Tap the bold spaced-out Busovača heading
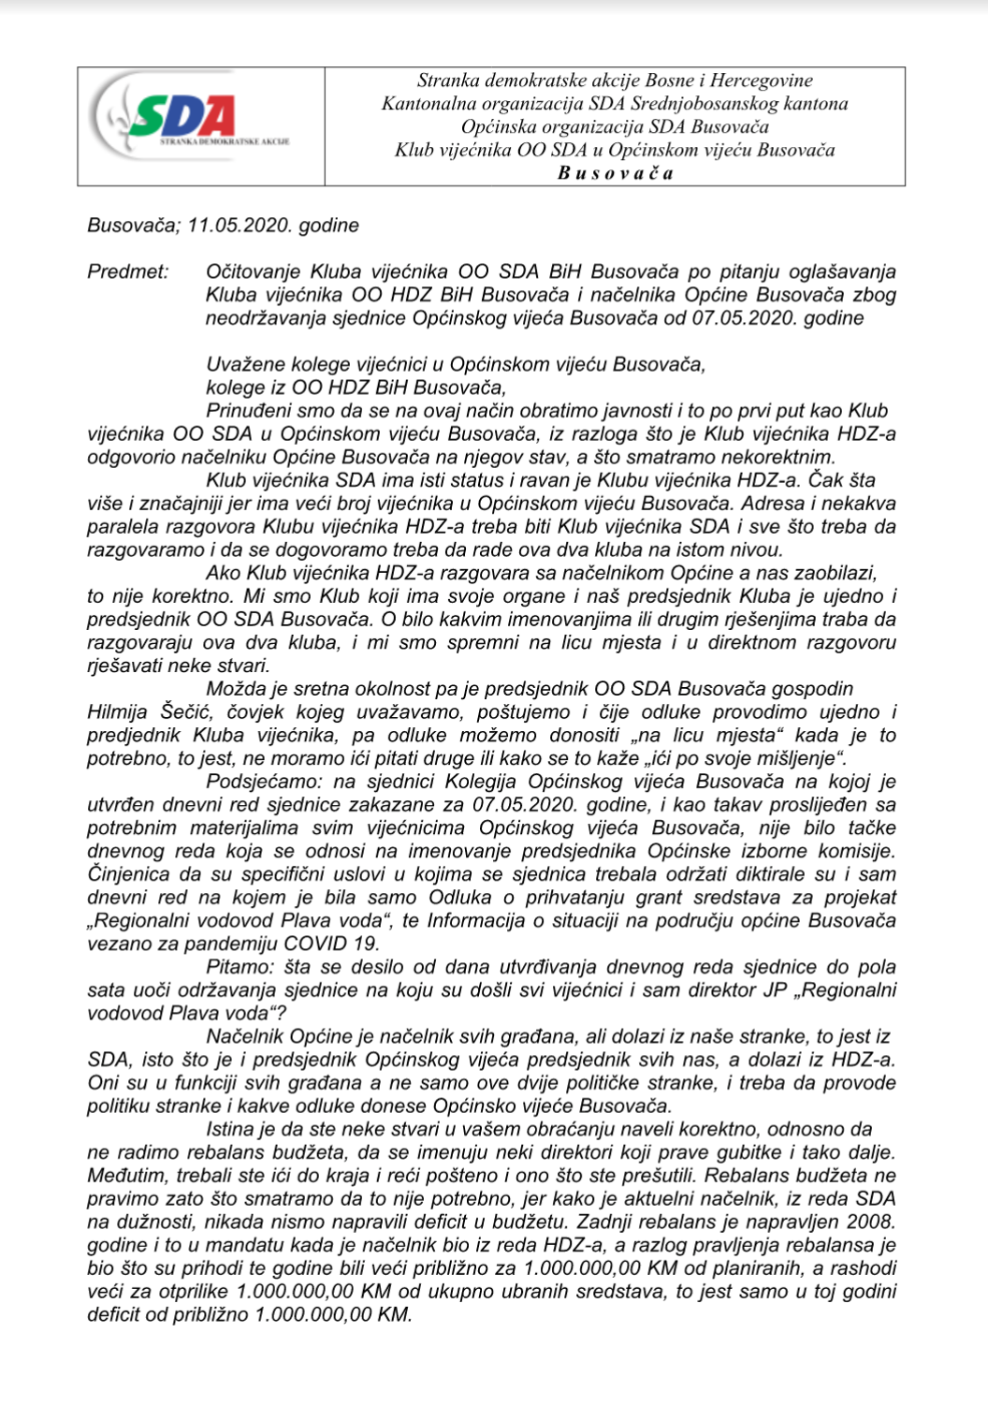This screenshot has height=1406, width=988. [x=615, y=173]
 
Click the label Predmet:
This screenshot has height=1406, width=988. [x=128, y=272]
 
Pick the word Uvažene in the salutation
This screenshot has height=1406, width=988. [x=240, y=364]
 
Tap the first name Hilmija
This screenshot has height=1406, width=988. [x=120, y=712]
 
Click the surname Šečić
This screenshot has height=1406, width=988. [x=189, y=712]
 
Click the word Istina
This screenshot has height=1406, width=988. [x=229, y=1129]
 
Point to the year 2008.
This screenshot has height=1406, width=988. [x=871, y=1222]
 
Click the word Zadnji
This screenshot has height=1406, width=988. [x=603, y=1222]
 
